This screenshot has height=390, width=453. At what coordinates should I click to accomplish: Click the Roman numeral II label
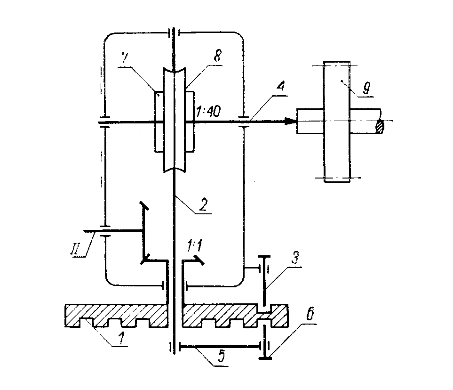[81, 247]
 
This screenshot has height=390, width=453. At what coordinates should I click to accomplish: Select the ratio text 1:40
[208, 111]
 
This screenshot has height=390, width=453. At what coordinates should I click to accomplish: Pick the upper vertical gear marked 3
[264, 280]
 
